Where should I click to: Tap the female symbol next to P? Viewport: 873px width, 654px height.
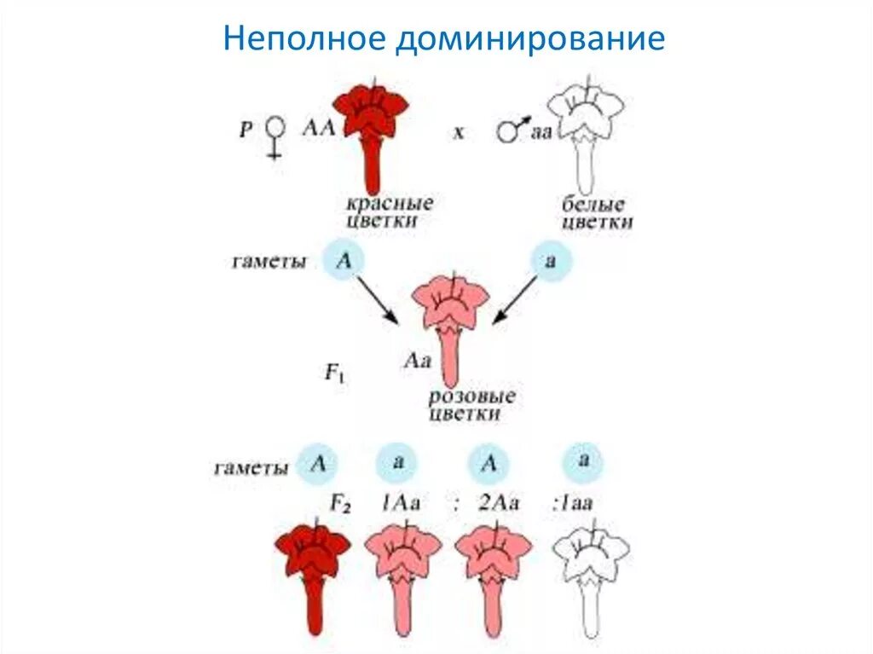[275, 137]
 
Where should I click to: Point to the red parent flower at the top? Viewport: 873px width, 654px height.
[371, 128]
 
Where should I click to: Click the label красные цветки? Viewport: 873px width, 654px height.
[389, 212]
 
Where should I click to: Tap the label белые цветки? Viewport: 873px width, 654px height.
[598, 213]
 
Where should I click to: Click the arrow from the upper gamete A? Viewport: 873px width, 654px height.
[376, 299]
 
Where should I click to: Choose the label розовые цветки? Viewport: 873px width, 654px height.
[471, 405]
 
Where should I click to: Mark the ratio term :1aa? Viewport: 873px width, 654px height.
[572, 503]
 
